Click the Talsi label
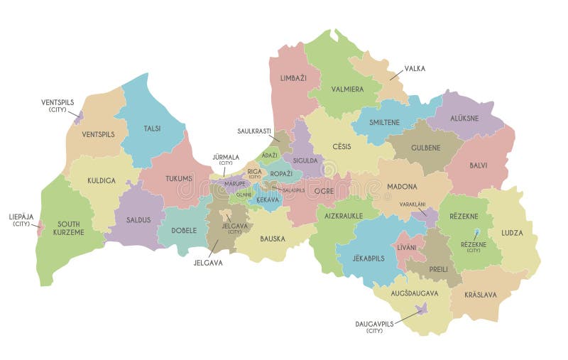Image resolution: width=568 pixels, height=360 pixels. [x=152, y=129]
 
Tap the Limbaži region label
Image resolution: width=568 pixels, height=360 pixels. [x=293, y=77]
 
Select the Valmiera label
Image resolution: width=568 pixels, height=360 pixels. [x=346, y=89]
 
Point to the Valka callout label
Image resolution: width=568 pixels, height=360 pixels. [x=415, y=69]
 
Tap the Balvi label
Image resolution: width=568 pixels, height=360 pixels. [x=478, y=165]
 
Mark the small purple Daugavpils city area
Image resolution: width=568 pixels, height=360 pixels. [x=422, y=308]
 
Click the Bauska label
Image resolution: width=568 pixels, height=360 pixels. [x=273, y=239]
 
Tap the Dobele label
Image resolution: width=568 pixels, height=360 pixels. [x=185, y=231]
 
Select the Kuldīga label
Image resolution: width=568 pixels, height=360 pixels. [x=102, y=181]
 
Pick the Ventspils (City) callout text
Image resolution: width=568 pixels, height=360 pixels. [x=58, y=106]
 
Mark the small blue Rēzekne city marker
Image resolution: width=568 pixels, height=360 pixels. [x=477, y=232]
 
